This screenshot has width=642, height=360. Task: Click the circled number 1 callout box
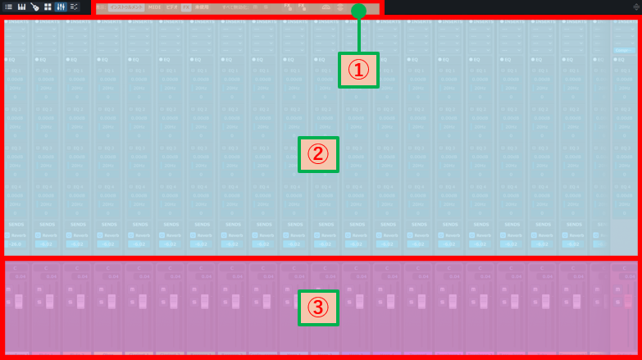pos(358,70)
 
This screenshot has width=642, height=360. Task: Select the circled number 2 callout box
pos(318,154)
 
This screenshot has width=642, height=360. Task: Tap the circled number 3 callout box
pos(318,307)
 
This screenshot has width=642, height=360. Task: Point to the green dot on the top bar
pos(358,11)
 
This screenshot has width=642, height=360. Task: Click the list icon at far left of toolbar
pos(8,7)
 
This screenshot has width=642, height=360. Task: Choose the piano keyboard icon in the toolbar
pos(21,7)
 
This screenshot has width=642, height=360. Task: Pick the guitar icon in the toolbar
pos(34,7)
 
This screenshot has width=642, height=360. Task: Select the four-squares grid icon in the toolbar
pos(48,7)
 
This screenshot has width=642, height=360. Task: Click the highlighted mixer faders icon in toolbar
pos(61,7)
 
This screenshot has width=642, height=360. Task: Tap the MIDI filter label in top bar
pos(153,7)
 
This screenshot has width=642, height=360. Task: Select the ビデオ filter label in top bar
pos(171,7)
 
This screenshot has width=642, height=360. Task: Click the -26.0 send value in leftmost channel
pos(15,244)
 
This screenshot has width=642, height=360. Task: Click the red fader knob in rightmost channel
pos(630,301)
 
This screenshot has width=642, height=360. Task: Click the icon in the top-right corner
pos(635,7)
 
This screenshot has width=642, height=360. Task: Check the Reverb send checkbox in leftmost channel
pos(7,235)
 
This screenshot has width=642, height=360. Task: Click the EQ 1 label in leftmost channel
pos(16,71)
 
